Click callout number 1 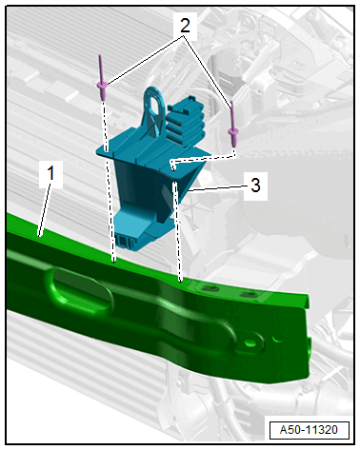(50, 173)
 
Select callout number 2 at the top (185, 25)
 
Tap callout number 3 (255, 185)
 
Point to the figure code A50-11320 (309, 430)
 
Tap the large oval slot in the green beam (79, 289)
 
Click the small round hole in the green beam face (250, 342)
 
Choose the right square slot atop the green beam (249, 295)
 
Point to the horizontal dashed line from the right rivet (203, 159)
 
